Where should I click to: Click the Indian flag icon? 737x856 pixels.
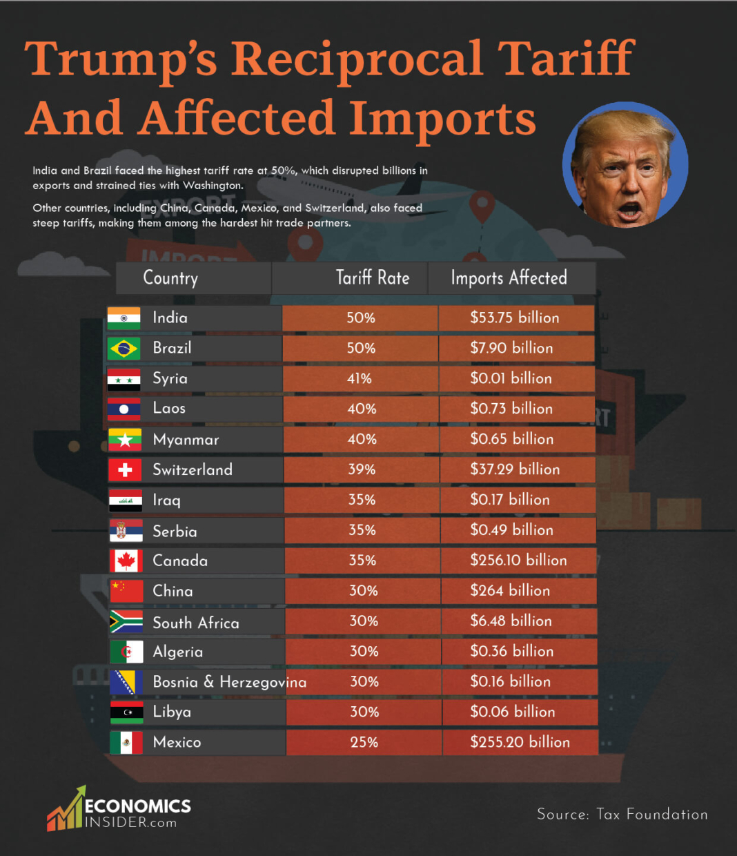pyautogui.click(x=124, y=318)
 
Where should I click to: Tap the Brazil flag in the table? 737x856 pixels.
pyautogui.click(x=124, y=349)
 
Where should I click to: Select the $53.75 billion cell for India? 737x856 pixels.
pyautogui.click(x=515, y=318)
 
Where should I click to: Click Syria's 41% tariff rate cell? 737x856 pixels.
pyautogui.click(x=360, y=379)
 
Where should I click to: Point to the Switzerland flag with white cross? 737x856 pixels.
pyautogui.click(x=125, y=470)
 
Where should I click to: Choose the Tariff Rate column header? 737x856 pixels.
pyautogui.click(x=372, y=278)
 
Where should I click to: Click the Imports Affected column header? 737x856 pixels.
pyautogui.click(x=509, y=278)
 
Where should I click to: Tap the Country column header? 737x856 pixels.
pyautogui.click(x=170, y=278)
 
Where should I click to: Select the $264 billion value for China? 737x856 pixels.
pyautogui.click(x=511, y=591)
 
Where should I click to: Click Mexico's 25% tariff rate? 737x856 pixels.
pyautogui.click(x=364, y=743)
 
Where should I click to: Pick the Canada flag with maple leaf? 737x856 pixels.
pyautogui.click(x=126, y=561)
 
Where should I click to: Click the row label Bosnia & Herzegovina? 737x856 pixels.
pyautogui.click(x=229, y=682)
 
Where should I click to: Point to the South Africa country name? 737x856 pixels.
pyautogui.click(x=196, y=623)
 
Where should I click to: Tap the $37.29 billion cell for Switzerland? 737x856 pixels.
pyautogui.click(x=515, y=470)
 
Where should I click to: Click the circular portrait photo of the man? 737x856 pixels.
pyautogui.click(x=625, y=166)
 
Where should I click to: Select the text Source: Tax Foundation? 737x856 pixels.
pyautogui.click(x=622, y=815)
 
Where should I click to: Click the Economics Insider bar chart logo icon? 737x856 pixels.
pyautogui.click(x=66, y=810)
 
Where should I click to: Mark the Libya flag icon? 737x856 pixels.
pyautogui.click(x=127, y=712)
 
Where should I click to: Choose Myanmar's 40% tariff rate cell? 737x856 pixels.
pyautogui.click(x=362, y=440)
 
